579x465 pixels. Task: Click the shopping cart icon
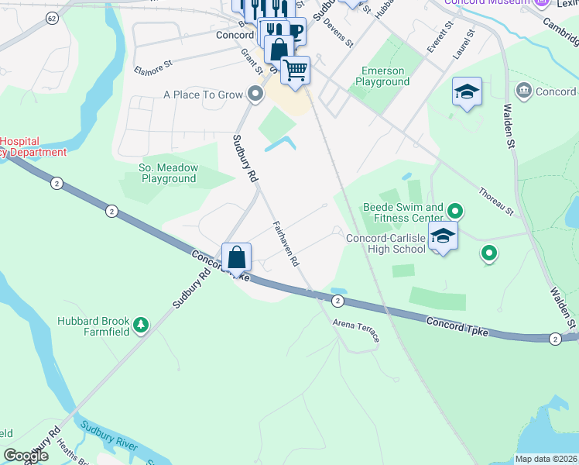pyautogui.click(x=295, y=71)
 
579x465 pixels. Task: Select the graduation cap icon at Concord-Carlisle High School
pyautogui.click(x=444, y=236)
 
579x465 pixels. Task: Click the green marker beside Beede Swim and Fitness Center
pyautogui.click(x=455, y=211)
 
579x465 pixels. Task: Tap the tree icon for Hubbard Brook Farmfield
pyautogui.click(x=140, y=324)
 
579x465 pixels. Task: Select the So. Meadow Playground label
pyautogui.click(x=168, y=173)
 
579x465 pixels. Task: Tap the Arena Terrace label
pyautogui.click(x=356, y=330)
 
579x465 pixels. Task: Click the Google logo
pyautogui.click(x=26, y=456)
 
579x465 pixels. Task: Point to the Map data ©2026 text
pyautogui.click(x=546, y=459)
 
